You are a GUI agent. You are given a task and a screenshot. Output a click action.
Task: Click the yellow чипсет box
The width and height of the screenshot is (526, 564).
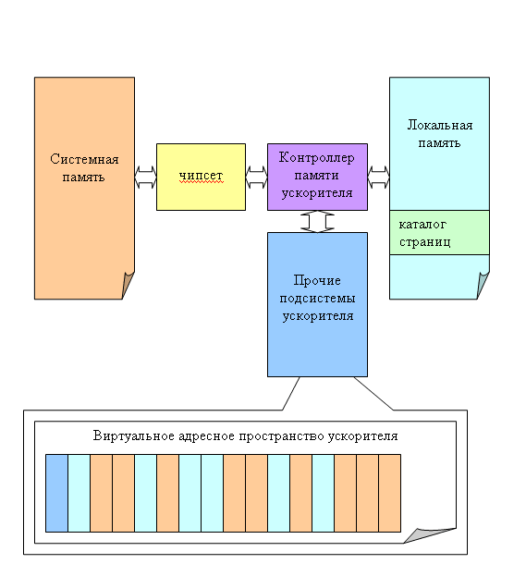tap(201, 177)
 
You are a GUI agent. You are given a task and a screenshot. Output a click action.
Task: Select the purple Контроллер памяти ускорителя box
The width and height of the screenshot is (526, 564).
tap(317, 177)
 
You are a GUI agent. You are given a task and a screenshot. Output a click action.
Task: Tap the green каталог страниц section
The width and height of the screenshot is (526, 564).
tap(439, 233)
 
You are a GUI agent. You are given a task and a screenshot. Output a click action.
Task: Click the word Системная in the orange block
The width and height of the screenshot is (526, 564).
tap(84, 159)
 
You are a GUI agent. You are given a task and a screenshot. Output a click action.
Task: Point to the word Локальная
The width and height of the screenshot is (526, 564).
tap(440, 125)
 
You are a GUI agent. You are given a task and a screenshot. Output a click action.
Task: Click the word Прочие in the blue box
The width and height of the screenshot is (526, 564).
tap(317, 280)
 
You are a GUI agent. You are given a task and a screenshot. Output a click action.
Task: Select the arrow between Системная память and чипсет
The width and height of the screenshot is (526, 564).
tap(146, 177)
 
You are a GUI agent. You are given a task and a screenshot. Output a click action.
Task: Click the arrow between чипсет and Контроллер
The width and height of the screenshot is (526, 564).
tap(257, 177)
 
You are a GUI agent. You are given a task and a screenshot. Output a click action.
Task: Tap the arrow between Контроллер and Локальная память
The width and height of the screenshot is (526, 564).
tap(379, 177)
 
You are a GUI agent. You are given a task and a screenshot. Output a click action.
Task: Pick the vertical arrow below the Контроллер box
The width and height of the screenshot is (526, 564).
tap(317, 222)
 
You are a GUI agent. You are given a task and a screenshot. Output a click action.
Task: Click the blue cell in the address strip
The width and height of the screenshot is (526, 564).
tap(56, 493)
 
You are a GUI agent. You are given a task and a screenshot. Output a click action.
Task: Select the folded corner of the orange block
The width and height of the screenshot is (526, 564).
tap(127, 284)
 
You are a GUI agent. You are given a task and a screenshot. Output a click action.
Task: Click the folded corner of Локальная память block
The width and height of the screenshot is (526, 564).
tap(483, 284)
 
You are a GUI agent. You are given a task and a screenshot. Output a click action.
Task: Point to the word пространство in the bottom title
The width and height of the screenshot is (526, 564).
tap(281, 436)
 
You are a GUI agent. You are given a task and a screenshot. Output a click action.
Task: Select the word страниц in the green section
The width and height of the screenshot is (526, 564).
tap(424, 242)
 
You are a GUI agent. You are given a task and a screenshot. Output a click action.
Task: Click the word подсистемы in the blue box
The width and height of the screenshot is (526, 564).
tap(317, 299)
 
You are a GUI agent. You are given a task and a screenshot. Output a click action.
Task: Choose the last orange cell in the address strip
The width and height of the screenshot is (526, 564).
tap(390, 493)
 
